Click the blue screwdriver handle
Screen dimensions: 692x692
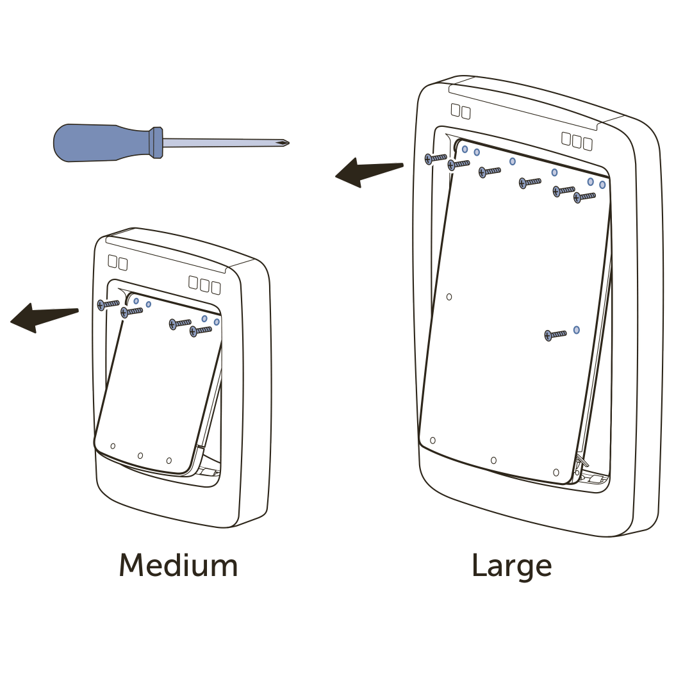[103, 142]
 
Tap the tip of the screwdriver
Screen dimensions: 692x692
[286, 142]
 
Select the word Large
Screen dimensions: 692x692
[512, 566]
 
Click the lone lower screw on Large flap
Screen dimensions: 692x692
[555, 334]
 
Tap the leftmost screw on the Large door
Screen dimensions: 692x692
[435, 158]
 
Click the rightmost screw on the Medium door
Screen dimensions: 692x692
[201, 331]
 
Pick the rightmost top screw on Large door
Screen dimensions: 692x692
[584, 197]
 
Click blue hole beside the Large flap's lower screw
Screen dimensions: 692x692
[577, 330]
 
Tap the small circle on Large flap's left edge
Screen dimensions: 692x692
[449, 297]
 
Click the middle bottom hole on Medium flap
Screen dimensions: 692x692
[140, 456]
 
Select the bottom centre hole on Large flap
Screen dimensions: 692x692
[493, 460]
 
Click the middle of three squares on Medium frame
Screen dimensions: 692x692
[204, 284]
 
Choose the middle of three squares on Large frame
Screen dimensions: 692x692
[577, 140]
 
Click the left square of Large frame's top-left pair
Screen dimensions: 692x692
[455, 110]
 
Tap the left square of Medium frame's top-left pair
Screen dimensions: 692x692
[112, 261]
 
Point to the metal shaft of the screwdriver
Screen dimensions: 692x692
[218, 142]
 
